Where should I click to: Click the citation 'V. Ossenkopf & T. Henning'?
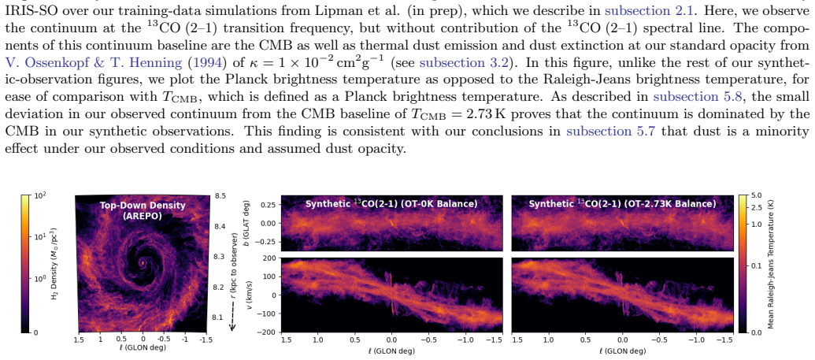(x=94, y=63)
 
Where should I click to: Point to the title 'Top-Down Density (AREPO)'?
(x=143, y=210)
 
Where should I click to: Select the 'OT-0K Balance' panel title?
(x=391, y=203)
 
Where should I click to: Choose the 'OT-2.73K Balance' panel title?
(x=622, y=203)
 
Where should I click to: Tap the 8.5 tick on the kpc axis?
(x=220, y=196)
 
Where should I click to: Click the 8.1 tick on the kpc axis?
(x=220, y=317)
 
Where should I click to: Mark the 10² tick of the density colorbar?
(x=40, y=196)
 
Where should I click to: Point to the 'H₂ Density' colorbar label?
(x=11, y=265)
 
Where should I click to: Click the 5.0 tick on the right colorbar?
(x=756, y=195)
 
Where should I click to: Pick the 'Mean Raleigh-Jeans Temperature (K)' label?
(x=771, y=265)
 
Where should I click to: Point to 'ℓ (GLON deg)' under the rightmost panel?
(x=623, y=351)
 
